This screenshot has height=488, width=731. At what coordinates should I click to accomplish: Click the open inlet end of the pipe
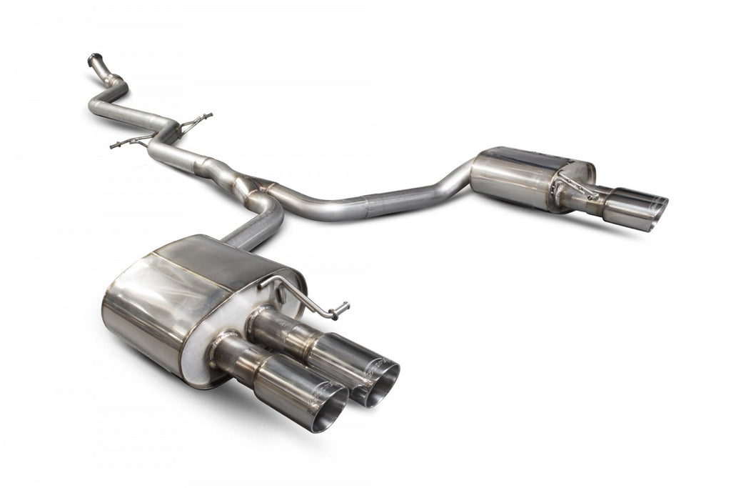[94, 58]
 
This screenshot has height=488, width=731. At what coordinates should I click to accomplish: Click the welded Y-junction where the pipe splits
[251, 187]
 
